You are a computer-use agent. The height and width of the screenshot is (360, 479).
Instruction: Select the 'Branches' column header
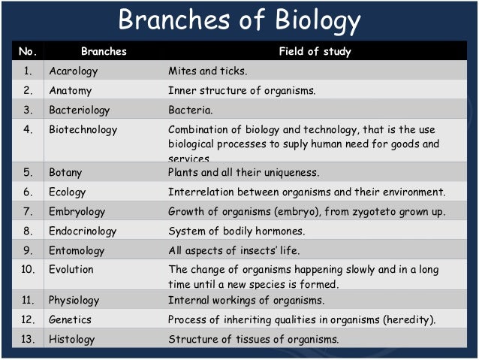(x=104, y=52)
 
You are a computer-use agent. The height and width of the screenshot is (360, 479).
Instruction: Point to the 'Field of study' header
(x=315, y=52)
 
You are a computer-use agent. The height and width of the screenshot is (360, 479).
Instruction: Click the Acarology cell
(x=74, y=71)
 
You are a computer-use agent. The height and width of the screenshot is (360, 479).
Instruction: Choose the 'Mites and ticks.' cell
(x=207, y=71)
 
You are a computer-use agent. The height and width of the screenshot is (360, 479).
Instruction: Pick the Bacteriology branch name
(x=79, y=110)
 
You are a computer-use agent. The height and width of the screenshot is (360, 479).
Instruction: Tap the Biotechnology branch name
(x=83, y=129)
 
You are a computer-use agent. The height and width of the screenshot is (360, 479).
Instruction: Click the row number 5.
(x=27, y=172)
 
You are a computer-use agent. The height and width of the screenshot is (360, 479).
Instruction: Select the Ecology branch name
(x=68, y=192)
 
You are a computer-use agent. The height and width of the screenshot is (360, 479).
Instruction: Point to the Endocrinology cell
(x=82, y=231)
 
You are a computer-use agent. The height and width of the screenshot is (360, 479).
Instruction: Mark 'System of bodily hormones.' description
(x=236, y=231)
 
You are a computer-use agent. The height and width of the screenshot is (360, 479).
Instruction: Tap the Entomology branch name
(x=77, y=250)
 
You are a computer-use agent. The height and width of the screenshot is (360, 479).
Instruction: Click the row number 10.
(x=27, y=269)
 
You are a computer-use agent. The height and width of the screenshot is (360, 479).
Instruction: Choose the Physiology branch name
(x=74, y=300)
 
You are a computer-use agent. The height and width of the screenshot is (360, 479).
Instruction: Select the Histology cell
(x=71, y=339)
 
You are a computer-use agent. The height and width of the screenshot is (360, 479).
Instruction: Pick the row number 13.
(x=27, y=339)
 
